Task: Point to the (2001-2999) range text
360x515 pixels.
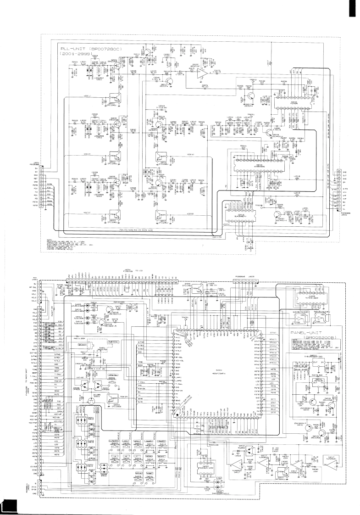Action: coord(77,54)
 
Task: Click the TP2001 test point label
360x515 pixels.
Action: coord(251,114)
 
